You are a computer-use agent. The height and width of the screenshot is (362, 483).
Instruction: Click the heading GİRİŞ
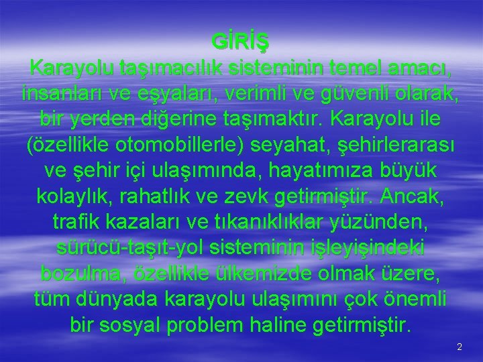pos(241,42)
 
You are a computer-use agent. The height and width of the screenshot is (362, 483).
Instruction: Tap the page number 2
pos(460,347)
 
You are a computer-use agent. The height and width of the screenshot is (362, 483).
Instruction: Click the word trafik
pos(74,222)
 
